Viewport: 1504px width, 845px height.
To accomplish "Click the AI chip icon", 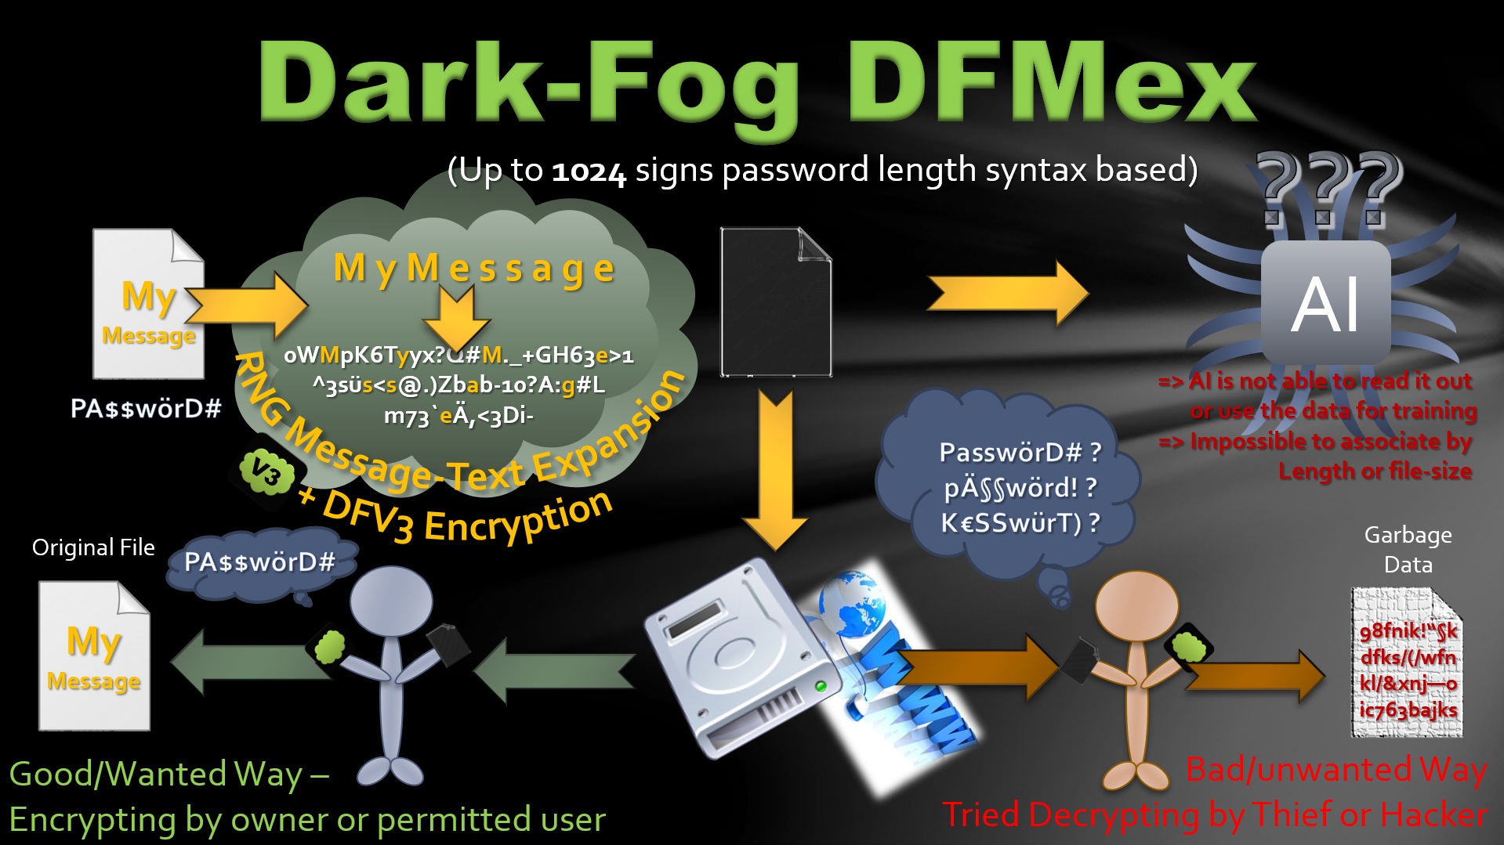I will pos(1325,302).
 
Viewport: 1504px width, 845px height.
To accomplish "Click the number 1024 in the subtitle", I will pos(589,172).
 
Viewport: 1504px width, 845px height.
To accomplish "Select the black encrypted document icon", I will pos(775,302).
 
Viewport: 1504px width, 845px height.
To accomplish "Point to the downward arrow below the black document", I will pos(775,470).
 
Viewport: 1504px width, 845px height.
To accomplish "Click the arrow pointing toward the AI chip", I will pos(1008,293).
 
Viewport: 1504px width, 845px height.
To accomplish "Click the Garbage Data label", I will pos(1408,550).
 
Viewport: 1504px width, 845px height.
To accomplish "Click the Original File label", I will pos(93,547).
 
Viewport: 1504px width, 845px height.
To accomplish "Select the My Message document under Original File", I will pos(94,656).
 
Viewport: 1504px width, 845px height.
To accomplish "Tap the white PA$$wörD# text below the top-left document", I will pos(146,408).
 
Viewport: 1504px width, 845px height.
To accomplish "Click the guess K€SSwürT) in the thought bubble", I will pos(1020,522).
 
